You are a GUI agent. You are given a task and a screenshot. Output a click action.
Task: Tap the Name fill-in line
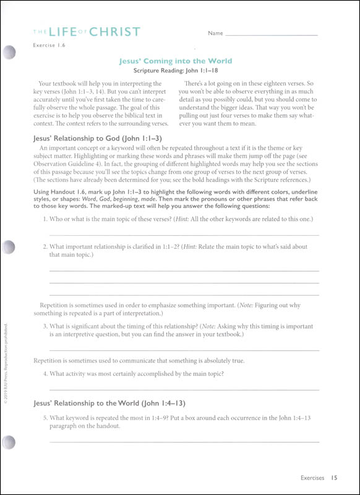(272, 34)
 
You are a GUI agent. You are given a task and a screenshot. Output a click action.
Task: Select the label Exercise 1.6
(49, 46)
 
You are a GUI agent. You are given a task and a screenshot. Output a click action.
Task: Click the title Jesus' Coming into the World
(175, 61)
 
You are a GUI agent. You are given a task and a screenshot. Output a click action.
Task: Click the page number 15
(334, 477)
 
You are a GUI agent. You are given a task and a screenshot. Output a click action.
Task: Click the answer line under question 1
(184, 235)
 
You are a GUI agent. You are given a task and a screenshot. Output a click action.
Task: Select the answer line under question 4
(184, 389)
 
